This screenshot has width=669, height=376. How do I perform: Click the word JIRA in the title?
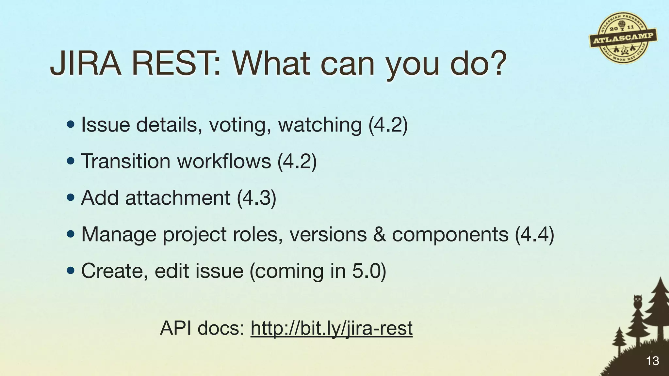[86, 64]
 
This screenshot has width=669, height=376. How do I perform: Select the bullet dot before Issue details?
[70, 125]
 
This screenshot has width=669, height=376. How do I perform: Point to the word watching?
[320, 125]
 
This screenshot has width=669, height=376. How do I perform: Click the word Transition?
[126, 161]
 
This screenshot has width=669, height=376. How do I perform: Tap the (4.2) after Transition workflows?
[297, 161]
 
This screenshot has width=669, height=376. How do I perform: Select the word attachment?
[178, 198]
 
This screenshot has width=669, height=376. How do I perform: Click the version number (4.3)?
[256, 198]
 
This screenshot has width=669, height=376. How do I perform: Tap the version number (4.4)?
[534, 234]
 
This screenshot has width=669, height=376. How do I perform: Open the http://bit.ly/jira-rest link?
[332, 328]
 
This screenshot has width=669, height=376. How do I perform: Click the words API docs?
[202, 328]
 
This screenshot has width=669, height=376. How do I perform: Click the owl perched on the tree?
[637, 301]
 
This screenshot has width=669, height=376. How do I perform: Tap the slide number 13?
[652, 361]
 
